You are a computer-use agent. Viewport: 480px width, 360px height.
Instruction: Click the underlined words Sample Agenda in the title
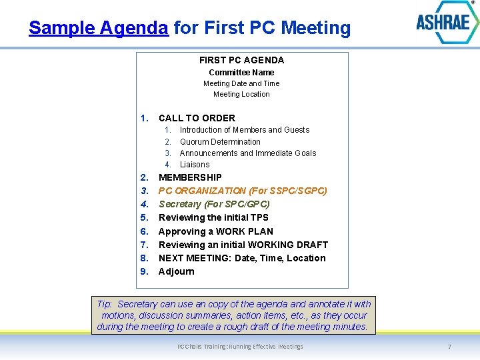click(98, 28)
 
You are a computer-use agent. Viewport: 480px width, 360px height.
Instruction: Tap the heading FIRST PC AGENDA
click(241, 60)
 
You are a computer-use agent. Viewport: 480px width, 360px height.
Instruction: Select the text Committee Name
click(241, 72)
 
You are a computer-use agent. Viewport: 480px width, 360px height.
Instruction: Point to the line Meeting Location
click(241, 94)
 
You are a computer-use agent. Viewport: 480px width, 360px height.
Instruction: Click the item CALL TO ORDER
click(197, 118)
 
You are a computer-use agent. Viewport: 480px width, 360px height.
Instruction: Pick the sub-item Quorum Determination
click(220, 141)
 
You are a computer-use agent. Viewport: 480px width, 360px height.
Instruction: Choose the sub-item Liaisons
click(195, 165)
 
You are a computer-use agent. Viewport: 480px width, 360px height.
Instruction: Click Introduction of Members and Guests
click(245, 130)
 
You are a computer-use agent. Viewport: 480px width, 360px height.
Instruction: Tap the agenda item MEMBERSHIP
click(190, 177)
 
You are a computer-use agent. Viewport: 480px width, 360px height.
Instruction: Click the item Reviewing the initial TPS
click(213, 217)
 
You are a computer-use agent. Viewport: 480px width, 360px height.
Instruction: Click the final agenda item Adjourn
click(177, 271)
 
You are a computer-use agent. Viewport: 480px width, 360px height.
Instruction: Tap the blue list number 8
click(145, 258)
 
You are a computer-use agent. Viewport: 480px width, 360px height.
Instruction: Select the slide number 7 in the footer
click(449, 347)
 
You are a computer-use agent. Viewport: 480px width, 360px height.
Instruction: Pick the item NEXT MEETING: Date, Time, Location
click(242, 258)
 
